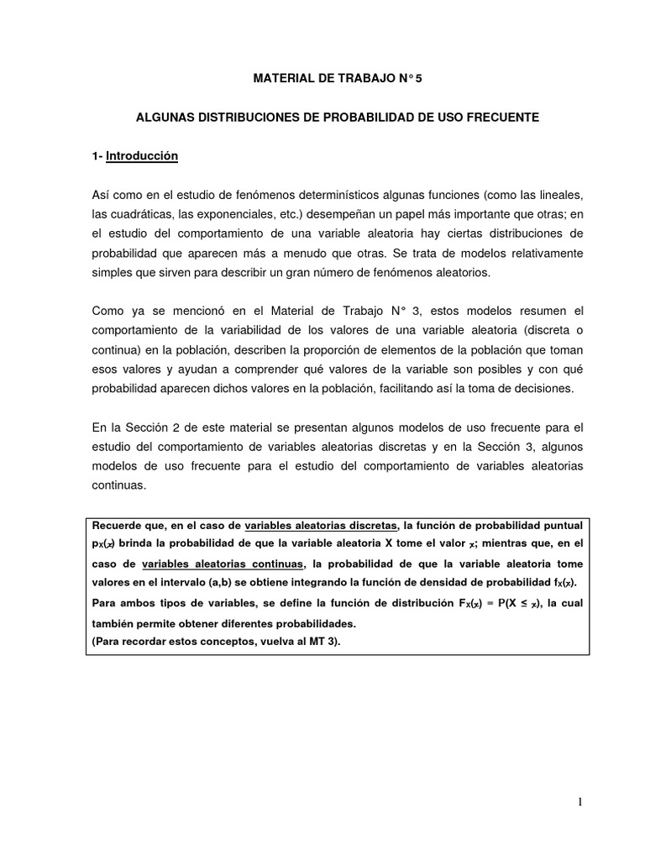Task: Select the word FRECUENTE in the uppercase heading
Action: tap(502, 118)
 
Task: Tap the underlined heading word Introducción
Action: tap(143, 156)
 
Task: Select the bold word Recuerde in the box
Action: tap(116, 526)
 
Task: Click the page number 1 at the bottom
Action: tap(579, 802)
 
